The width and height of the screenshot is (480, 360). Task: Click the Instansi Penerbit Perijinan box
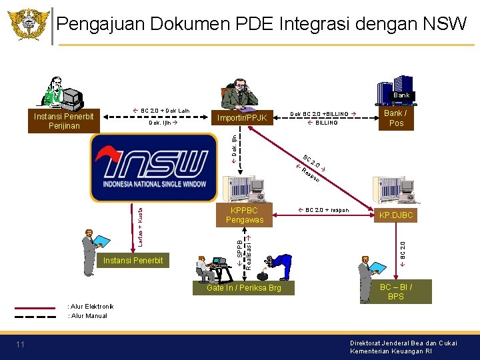pos(64,121)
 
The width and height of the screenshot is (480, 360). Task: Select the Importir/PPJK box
pos(242,118)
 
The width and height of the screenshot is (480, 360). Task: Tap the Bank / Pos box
pos(396,118)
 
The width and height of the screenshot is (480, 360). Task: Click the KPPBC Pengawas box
pos(245,215)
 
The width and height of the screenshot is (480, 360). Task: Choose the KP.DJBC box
pos(396,215)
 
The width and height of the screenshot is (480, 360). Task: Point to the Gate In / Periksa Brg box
pos(243,287)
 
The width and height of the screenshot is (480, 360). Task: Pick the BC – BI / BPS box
pos(395,291)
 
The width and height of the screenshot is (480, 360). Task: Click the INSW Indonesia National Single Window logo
pos(153,167)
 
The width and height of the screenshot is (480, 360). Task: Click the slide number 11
pos(20,344)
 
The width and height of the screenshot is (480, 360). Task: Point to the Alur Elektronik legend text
pos(87,307)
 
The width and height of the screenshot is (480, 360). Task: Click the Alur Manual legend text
pos(87,316)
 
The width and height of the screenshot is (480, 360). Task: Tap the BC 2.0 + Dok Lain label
pos(161,111)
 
